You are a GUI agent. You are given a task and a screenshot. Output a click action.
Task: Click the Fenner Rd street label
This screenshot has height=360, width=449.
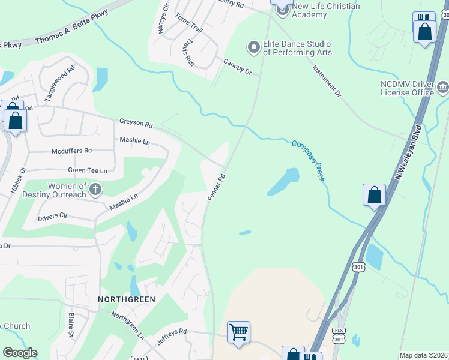pos(216,188)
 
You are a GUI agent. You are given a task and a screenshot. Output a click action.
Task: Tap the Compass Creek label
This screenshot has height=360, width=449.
pos(309,160)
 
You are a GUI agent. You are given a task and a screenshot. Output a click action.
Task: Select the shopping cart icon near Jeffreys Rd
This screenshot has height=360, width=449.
pos(238,332)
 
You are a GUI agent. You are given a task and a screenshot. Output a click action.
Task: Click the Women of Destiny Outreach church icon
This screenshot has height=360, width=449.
pos(95,190)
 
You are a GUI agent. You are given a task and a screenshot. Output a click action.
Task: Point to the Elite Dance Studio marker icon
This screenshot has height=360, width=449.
pos(253,47)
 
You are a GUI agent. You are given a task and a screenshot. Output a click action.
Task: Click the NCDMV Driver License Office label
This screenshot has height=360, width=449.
pos(406,88)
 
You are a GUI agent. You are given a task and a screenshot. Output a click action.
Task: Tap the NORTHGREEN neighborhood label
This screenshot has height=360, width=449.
pos(127,299)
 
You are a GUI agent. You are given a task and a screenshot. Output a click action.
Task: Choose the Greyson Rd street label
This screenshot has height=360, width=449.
pos(136,123)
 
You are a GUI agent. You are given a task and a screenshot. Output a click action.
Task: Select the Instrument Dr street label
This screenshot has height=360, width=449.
pos(327,82)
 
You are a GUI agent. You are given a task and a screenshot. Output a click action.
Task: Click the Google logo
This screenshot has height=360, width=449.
pos(20,353)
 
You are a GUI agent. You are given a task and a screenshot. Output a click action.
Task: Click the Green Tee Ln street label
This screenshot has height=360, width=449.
pos(87,170)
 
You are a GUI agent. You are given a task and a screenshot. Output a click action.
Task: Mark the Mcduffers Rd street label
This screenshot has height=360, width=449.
pos(71,151)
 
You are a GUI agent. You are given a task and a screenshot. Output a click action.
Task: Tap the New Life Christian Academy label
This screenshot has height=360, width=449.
pos(325,10)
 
